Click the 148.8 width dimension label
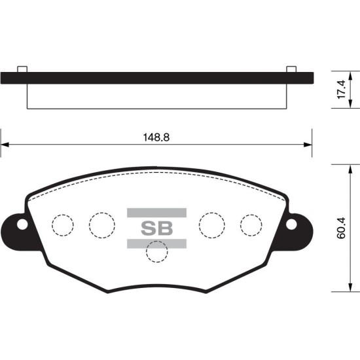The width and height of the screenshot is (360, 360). (x=156, y=137)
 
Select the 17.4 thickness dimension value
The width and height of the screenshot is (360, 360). (x=341, y=89)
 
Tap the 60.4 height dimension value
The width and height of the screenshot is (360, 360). (x=341, y=228)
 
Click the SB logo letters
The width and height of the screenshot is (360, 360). (x=156, y=228)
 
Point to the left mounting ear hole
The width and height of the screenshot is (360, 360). (x=22, y=225)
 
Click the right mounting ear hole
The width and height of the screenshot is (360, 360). (x=291, y=225)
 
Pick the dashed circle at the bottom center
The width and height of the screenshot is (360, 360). (x=157, y=251)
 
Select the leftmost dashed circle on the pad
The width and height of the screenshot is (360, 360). (x=63, y=225)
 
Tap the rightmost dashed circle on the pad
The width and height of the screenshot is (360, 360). (x=251, y=225)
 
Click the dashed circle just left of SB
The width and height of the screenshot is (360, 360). (x=102, y=225)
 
